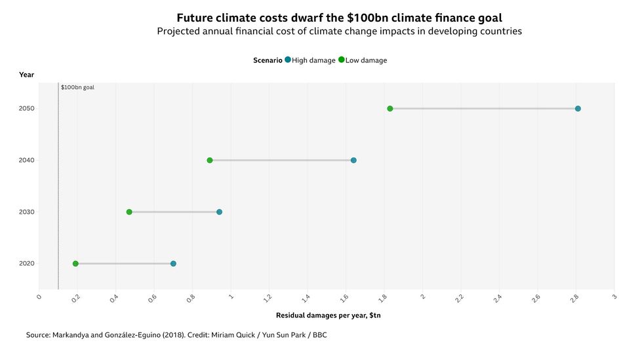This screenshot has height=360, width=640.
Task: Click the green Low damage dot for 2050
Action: (390, 109)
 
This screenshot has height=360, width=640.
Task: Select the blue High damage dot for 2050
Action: (578, 109)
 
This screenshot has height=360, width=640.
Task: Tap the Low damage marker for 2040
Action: (210, 161)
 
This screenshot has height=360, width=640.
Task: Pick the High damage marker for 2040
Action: (353, 161)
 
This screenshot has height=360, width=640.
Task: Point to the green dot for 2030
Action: (129, 212)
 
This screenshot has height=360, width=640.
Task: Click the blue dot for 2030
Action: (219, 212)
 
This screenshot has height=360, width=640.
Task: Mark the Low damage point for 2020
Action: (75, 264)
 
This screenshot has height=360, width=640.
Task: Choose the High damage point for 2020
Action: (173, 264)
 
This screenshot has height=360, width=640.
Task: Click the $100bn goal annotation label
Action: (77, 87)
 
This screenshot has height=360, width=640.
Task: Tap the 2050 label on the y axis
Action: (27, 109)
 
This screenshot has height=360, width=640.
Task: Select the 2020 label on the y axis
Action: (27, 264)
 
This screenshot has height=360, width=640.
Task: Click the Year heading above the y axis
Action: (27, 75)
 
